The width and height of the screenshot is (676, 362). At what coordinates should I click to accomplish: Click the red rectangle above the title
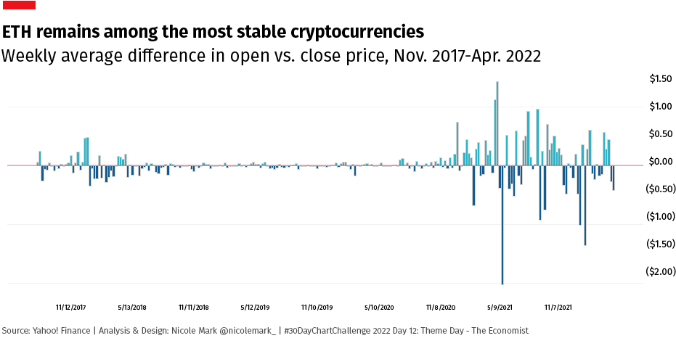pyautogui.click(x=18, y=6)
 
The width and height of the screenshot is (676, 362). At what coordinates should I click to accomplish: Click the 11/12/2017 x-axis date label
pyautogui.click(x=71, y=308)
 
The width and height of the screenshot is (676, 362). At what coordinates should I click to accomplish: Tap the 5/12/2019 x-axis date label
pyautogui.click(x=255, y=308)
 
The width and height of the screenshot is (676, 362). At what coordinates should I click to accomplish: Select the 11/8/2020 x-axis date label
pyautogui.click(x=441, y=308)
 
